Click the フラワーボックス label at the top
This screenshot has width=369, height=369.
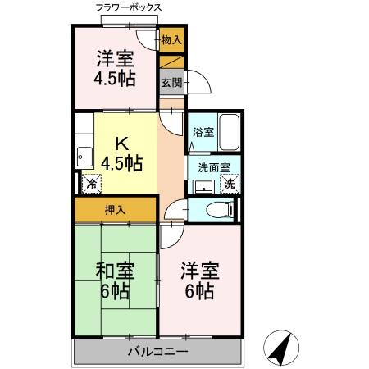click(x=130, y=8)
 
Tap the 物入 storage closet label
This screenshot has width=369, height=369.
click(x=171, y=39)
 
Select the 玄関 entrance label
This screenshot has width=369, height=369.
click(x=171, y=83)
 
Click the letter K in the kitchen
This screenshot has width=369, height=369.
click(x=120, y=140)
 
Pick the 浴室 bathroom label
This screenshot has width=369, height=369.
click(x=203, y=131)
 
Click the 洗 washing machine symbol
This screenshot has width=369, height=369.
click(x=231, y=184)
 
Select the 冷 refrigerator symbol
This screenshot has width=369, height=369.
click(x=89, y=184)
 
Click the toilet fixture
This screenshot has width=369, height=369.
click(x=219, y=209)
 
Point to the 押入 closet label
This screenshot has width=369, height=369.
click(x=116, y=210)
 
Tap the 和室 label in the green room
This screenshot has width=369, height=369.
click(x=116, y=270)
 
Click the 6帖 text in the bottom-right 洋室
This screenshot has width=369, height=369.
click(x=199, y=292)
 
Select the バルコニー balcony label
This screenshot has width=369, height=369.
click(x=157, y=353)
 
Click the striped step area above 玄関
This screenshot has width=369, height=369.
click(x=171, y=60)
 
